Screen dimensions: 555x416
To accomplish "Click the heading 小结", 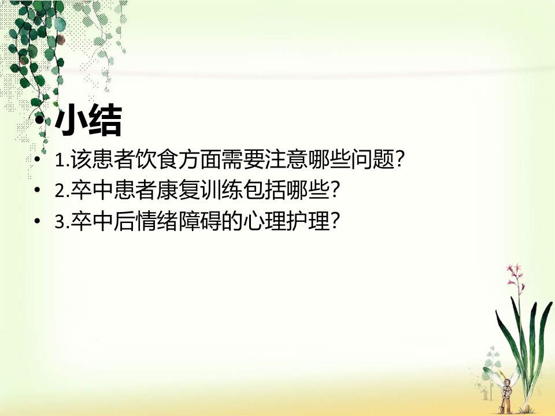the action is click(x=88, y=120).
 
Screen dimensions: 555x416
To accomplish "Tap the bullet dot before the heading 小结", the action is click(x=40, y=121).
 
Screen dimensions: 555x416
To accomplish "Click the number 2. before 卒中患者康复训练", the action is click(x=62, y=191).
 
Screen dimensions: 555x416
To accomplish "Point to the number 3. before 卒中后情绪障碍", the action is click(x=62, y=222).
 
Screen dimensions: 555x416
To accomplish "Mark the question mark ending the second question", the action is click(x=335, y=191).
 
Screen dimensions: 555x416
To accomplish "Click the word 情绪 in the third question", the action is click(x=156, y=221).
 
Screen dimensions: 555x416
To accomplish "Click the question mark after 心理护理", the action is click(x=335, y=222).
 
